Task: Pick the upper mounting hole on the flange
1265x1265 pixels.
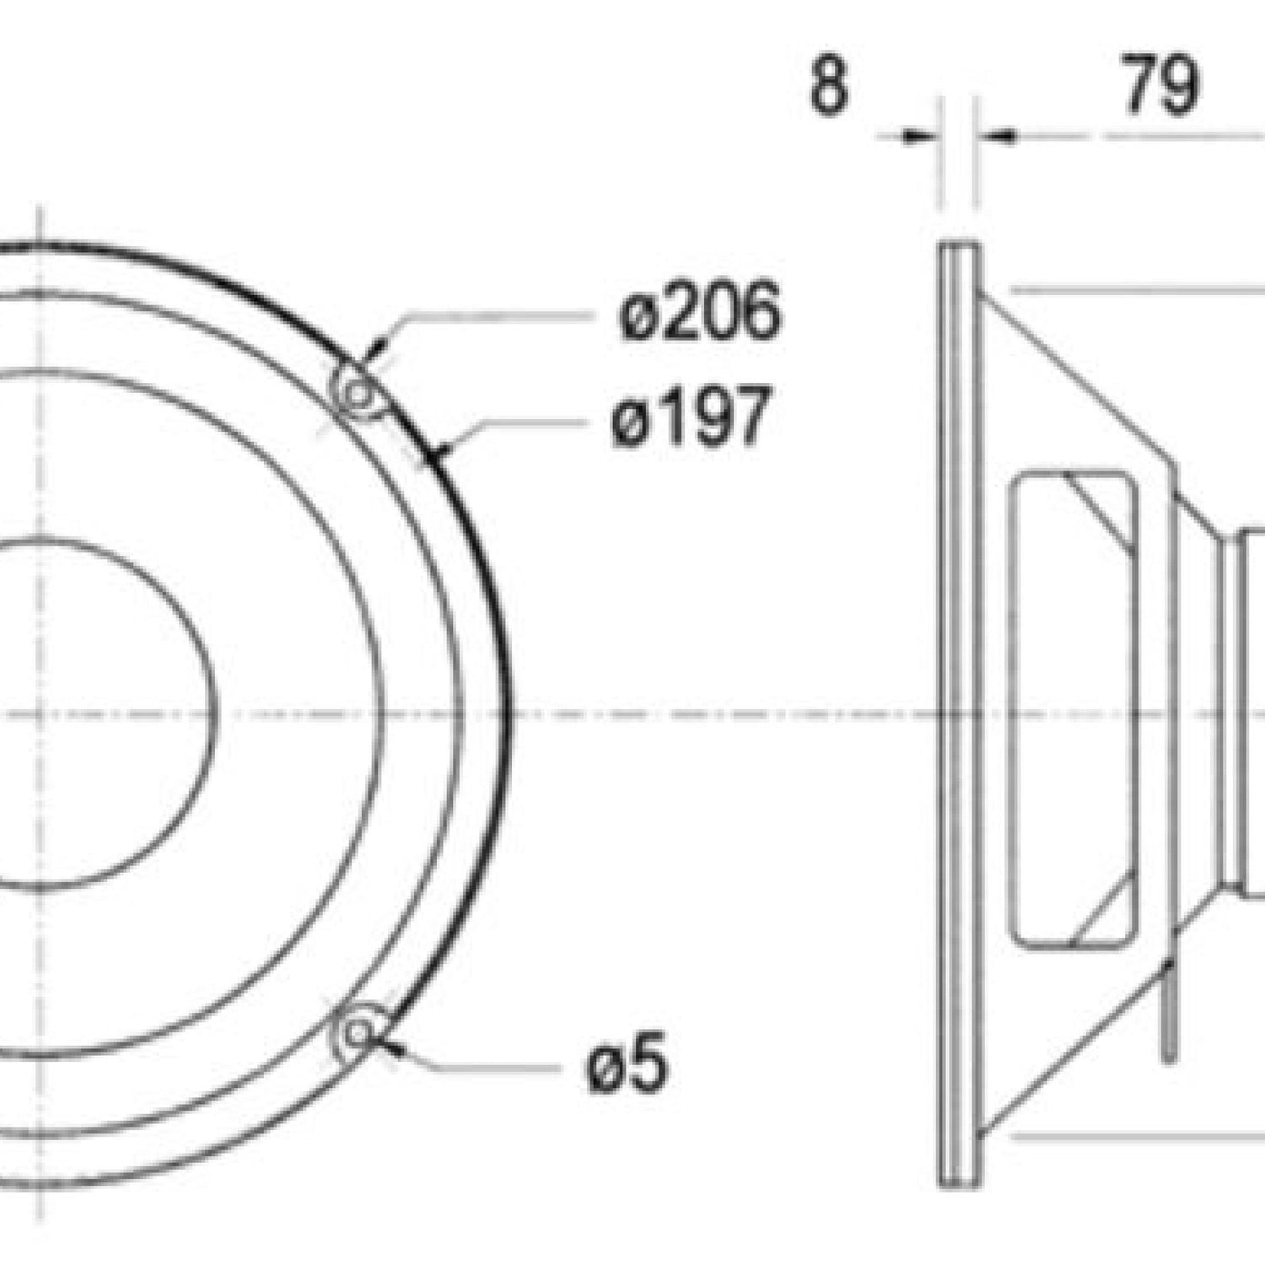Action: coord(359,393)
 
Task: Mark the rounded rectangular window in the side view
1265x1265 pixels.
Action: coord(1074,707)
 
